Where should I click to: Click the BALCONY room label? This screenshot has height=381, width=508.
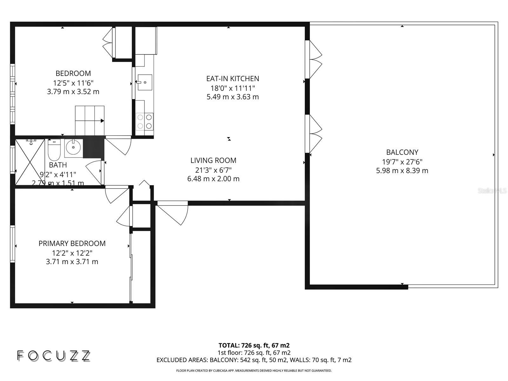pyautogui.click(x=402, y=152)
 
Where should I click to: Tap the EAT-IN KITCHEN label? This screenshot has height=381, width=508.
pyautogui.click(x=232, y=78)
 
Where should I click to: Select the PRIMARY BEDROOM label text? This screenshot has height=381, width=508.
pyautogui.click(x=72, y=244)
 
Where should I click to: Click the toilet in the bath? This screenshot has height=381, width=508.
pyautogui.click(x=54, y=150)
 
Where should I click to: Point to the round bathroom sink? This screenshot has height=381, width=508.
pyautogui.click(x=73, y=148)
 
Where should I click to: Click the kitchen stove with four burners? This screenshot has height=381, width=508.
pyautogui.click(x=144, y=121)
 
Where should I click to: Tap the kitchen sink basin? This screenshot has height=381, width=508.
pyautogui.click(x=145, y=83)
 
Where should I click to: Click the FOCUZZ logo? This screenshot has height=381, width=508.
pyautogui.click(x=53, y=356)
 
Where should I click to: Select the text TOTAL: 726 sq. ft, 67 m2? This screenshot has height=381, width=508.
pyautogui.click(x=254, y=345)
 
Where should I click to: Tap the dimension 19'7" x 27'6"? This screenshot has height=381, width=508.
pyautogui.click(x=402, y=162)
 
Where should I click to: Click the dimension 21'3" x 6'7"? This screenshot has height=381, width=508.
pyautogui.click(x=213, y=170)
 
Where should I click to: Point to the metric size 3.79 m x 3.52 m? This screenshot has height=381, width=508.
pyautogui.click(x=73, y=92)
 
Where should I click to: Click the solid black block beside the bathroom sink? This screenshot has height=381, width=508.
pyautogui.click(x=94, y=147)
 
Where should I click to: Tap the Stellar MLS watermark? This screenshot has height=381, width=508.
pyautogui.click(x=492, y=190)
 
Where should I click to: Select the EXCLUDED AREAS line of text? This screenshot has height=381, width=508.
pyautogui.click(x=254, y=360)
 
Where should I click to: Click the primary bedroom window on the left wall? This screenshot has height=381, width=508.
pyautogui.click(x=12, y=244)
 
